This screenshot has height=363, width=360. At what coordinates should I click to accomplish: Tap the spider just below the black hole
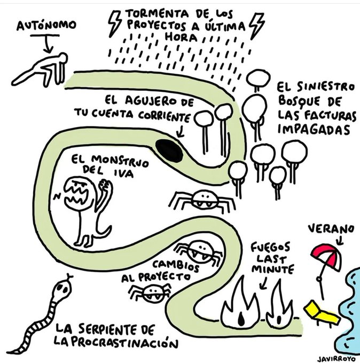pos(204,201)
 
